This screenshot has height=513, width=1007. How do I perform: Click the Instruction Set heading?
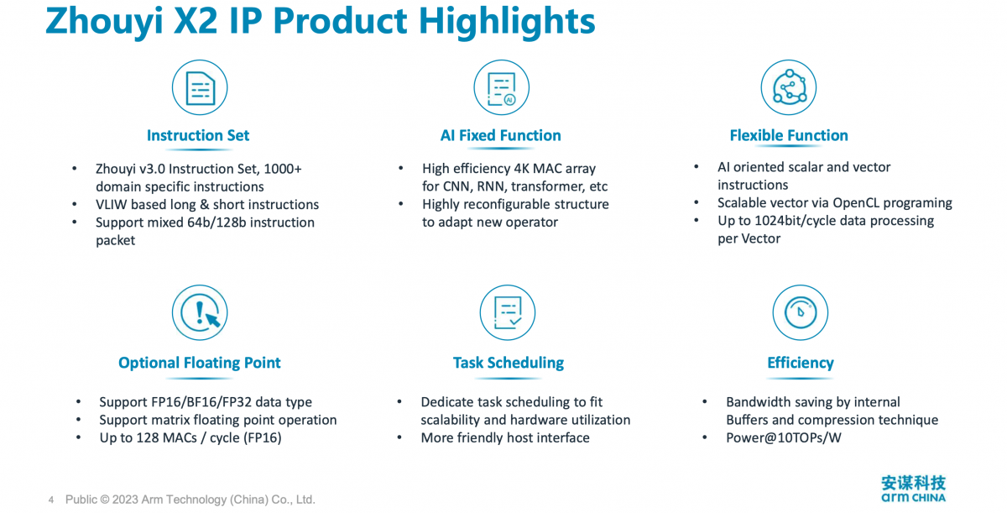(x=198, y=135)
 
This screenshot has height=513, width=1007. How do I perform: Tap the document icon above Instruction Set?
(x=200, y=87)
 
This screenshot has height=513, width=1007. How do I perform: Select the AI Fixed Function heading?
(x=500, y=135)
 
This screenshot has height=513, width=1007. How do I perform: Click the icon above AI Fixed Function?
(x=501, y=87)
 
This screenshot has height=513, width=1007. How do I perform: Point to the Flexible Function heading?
(x=789, y=135)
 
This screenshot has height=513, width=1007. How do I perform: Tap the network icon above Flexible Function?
(x=789, y=87)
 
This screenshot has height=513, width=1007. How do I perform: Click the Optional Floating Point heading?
(x=199, y=364)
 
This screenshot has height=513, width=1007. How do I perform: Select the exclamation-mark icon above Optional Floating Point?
(x=200, y=312)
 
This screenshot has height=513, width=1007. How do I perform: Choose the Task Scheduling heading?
(x=508, y=364)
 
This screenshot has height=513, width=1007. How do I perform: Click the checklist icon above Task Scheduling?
(x=508, y=312)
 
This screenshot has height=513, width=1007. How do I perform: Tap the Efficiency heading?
(x=801, y=364)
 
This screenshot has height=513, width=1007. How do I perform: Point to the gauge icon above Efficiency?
(x=801, y=312)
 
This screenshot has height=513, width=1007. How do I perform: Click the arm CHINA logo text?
(x=913, y=497)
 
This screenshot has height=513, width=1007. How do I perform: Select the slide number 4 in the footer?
(x=51, y=500)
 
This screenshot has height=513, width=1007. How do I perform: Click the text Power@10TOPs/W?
(x=784, y=438)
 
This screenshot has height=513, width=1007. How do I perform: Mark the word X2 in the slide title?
(x=195, y=21)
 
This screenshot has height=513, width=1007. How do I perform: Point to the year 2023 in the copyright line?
(x=125, y=500)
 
